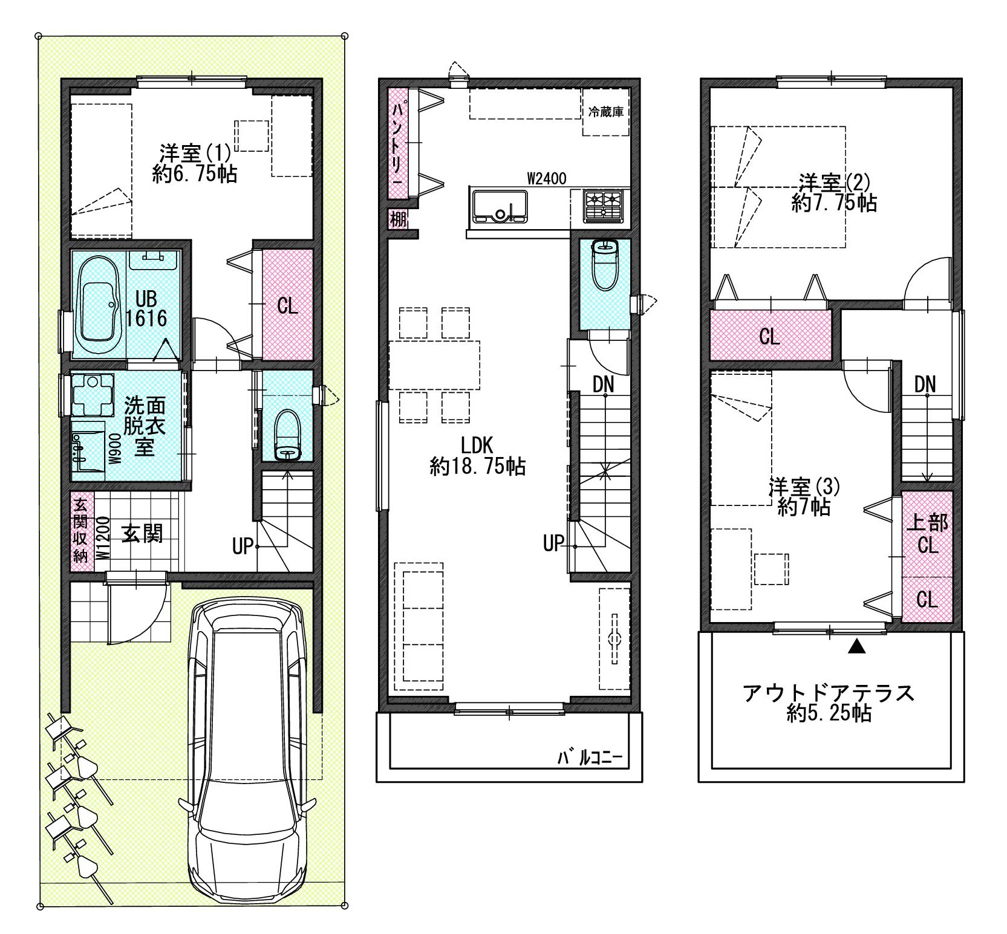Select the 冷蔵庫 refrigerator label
click(x=605, y=112)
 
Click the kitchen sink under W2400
click(x=500, y=206)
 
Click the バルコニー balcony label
click(x=588, y=757)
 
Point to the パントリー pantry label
click(x=399, y=144)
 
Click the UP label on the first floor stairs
click(x=242, y=546)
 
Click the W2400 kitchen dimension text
click(x=546, y=178)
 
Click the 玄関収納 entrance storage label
click(x=80, y=530)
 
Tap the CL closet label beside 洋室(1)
click(x=287, y=306)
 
